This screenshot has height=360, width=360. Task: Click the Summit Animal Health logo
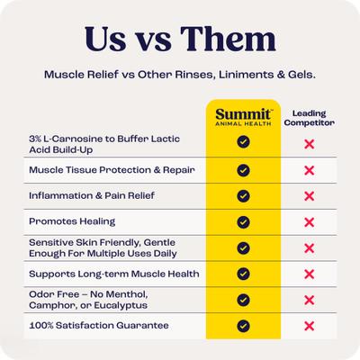(242, 117)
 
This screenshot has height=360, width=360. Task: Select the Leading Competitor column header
(310, 118)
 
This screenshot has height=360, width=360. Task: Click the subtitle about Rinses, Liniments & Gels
(180, 76)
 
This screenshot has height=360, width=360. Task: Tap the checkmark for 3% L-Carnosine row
(242, 142)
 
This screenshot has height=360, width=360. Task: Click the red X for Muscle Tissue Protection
(310, 169)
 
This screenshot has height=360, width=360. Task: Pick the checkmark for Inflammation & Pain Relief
(242, 195)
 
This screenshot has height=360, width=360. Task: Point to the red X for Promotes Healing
(310, 221)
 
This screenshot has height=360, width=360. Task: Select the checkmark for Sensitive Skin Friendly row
(242, 247)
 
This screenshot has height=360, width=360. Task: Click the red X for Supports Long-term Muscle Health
(310, 274)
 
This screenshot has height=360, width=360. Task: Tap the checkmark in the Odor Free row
(242, 300)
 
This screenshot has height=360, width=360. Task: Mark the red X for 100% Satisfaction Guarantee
(310, 326)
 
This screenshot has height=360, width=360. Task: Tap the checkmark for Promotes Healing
(242, 221)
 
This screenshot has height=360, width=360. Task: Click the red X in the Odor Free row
(310, 300)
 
